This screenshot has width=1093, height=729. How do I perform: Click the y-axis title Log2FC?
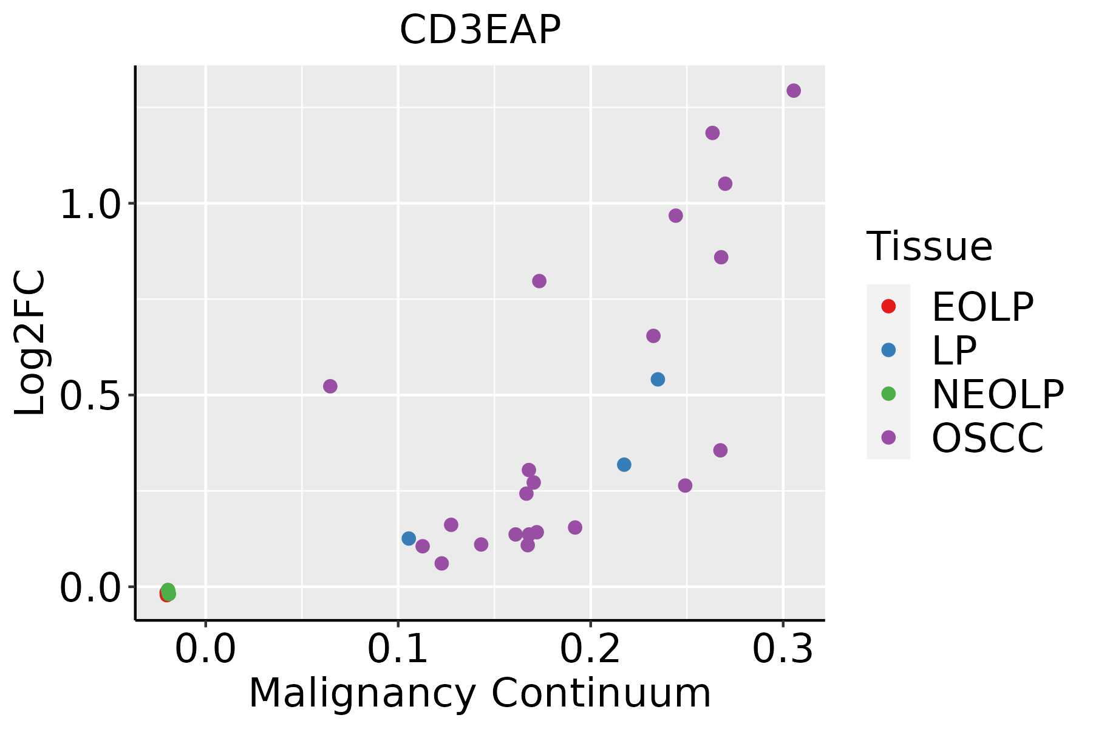click(x=30, y=343)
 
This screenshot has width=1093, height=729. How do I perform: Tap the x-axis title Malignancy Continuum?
click(x=480, y=693)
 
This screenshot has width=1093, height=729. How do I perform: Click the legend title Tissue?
click(x=929, y=247)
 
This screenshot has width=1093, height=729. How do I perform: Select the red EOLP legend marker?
click(x=888, y=306)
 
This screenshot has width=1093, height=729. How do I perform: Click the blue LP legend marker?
click(x=888, y=350)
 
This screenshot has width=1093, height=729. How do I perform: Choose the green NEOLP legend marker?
click(x=888, y=394)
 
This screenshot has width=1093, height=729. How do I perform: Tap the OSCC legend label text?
click(x=987, y=437)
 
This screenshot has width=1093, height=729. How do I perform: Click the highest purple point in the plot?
click(x=794, y=91)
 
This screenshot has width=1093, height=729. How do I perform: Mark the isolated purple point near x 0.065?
click(x=330, y=386)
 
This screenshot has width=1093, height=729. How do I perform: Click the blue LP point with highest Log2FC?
click(x=658, y=379)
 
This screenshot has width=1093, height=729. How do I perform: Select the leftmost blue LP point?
click(x=409, y=538)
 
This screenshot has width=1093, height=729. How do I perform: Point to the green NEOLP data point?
click(x=169, y=590)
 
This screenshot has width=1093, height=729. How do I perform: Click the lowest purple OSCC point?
click(x=442, y=563)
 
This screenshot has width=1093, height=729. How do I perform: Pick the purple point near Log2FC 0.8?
click(x=539, y=281)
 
